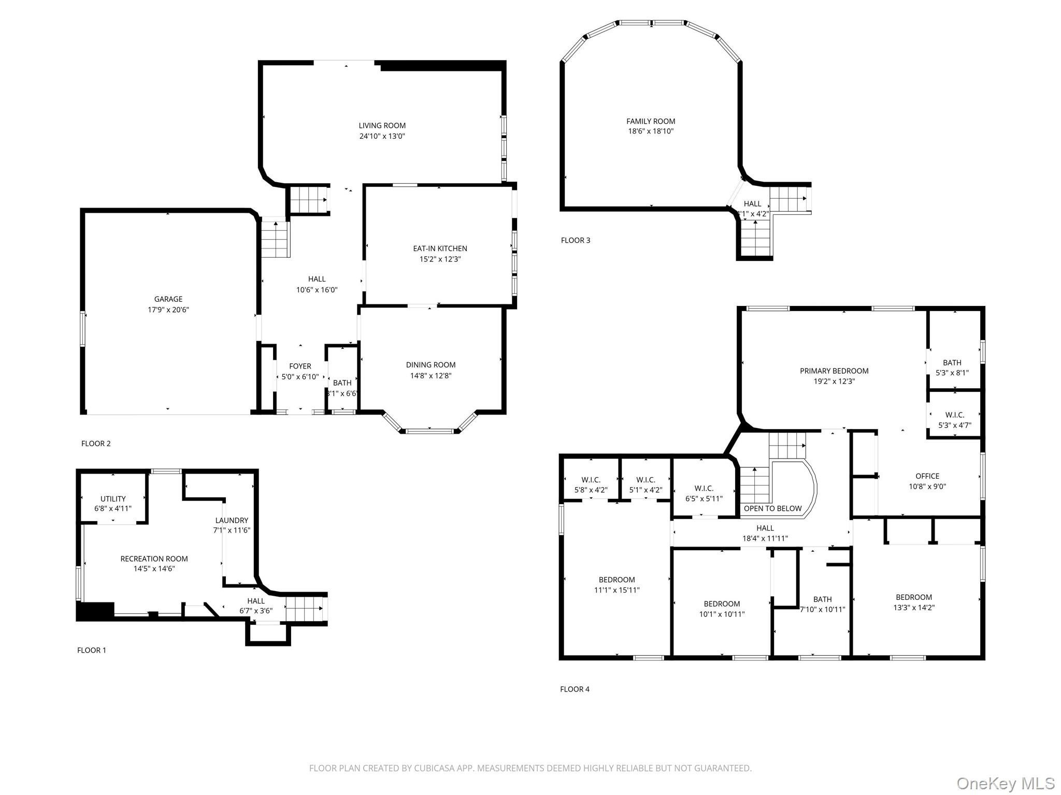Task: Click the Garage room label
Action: [168, 299]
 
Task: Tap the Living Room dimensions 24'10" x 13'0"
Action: [382, 136]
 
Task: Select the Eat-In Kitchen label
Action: [440, 248]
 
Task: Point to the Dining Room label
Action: [431, 365]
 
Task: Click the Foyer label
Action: [300, 366]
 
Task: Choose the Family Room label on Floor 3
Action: [651, 121]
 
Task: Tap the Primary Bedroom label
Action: [834, 371]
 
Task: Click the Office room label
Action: [927, 476]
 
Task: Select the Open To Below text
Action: [773, 508]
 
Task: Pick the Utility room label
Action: [113, 499]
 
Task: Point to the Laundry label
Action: [232, 520]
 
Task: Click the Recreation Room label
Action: [154, 558]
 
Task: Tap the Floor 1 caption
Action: [92, 650]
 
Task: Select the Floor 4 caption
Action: [575, 689]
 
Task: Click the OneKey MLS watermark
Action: [1005, 783]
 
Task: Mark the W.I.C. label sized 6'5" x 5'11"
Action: [704, 488]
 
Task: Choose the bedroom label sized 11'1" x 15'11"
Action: [616, 580]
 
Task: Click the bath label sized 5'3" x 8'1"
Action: [952, 363]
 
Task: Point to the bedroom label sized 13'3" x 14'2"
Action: [914, 597]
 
